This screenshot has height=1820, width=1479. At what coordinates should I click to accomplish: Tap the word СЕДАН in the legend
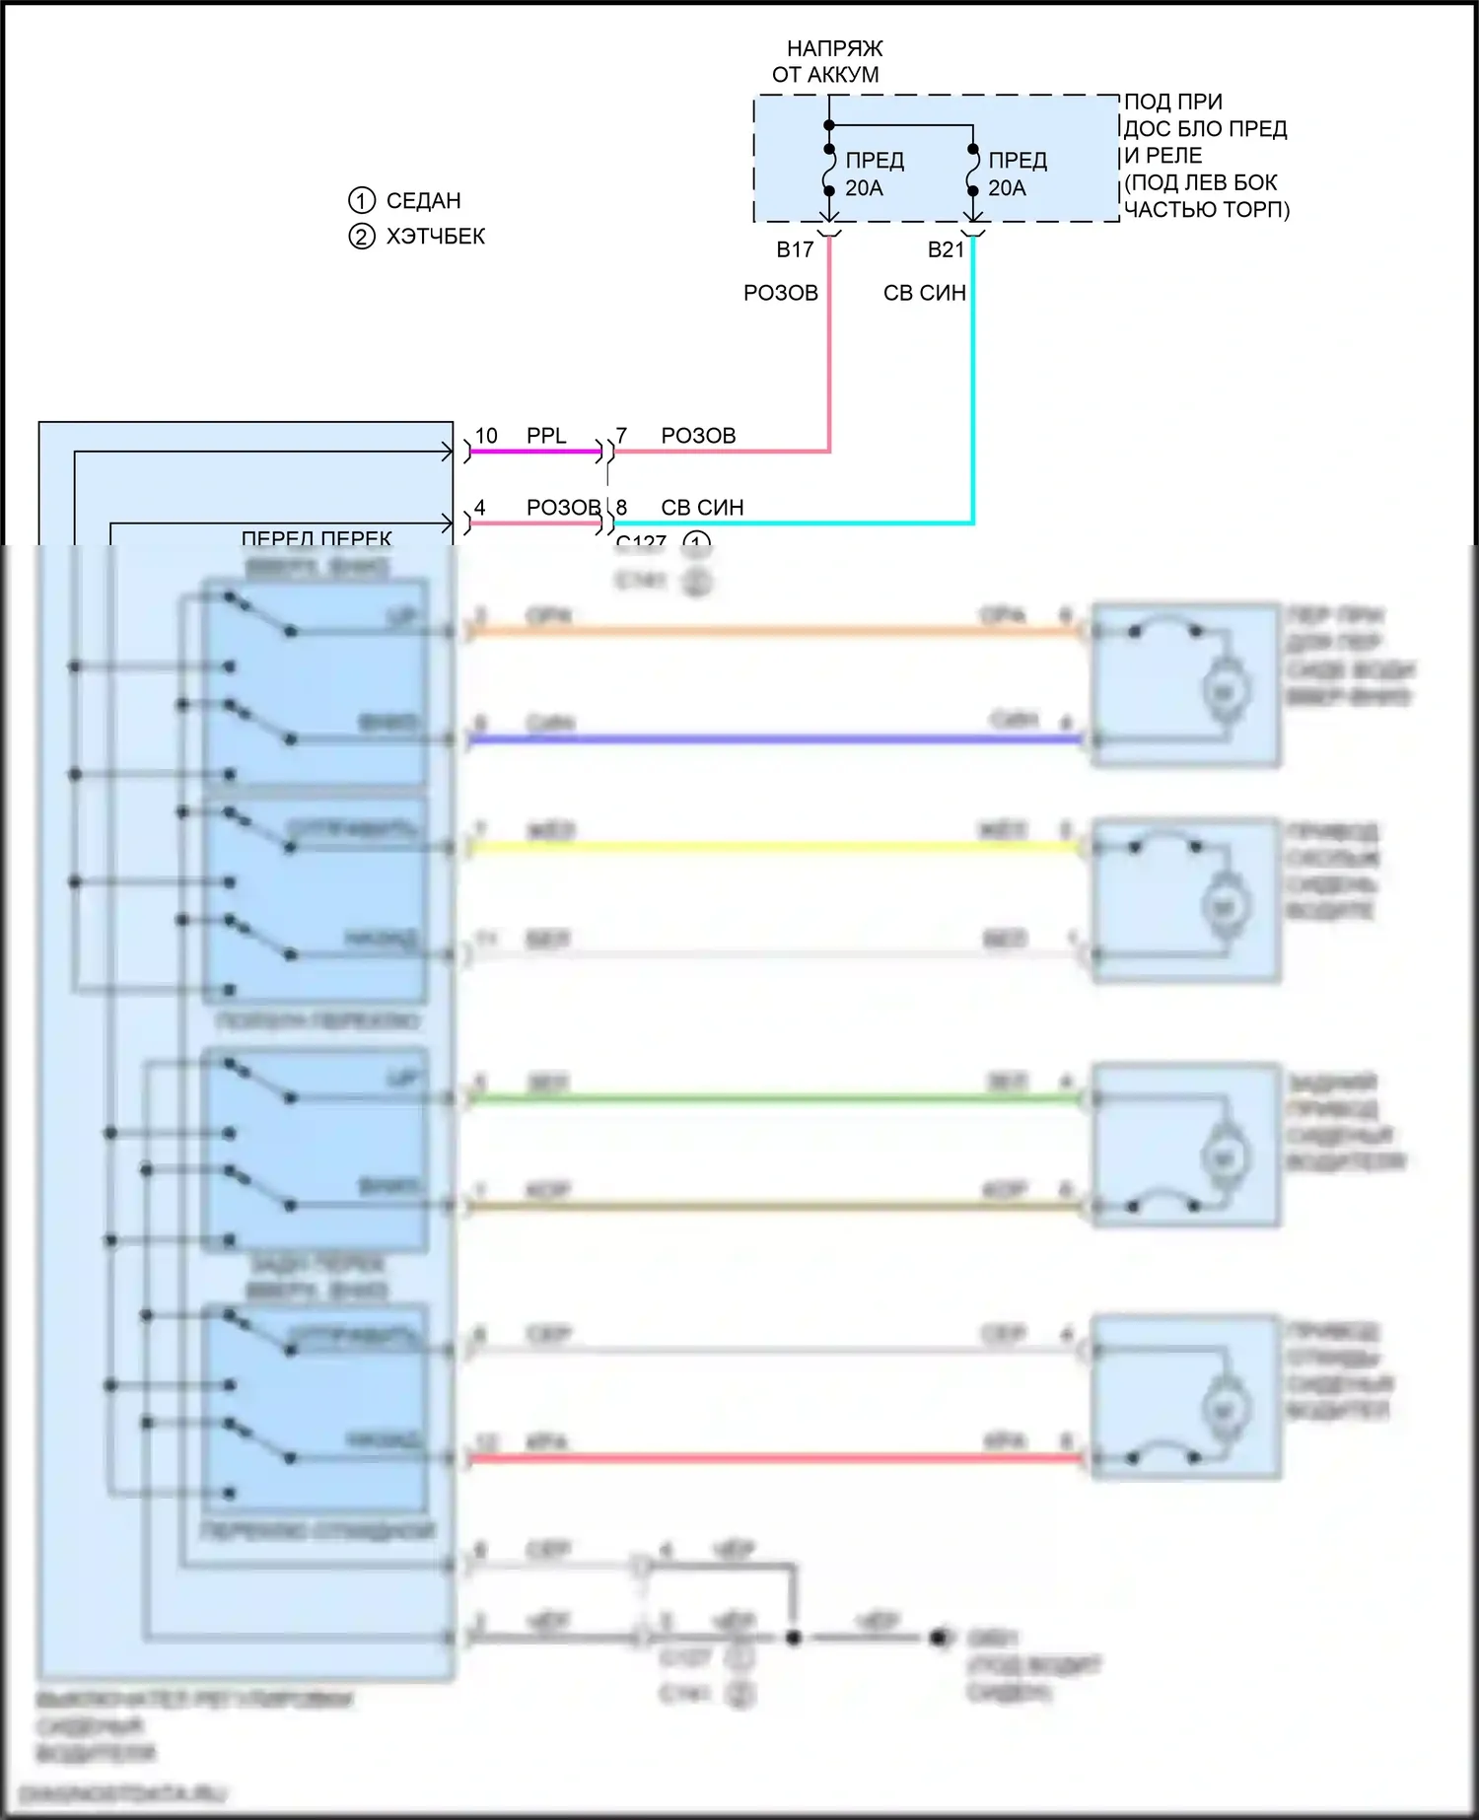423,201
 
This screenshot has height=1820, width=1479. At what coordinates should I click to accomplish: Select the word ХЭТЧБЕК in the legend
435,237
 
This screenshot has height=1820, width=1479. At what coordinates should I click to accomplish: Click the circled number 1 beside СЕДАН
362,201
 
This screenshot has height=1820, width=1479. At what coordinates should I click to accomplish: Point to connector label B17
795,250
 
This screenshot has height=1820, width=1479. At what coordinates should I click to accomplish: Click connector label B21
946,250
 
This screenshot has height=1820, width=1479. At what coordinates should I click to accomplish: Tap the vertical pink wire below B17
829,345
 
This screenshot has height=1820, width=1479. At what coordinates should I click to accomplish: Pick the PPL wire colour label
546,436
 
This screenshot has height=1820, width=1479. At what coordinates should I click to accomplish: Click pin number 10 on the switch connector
486,436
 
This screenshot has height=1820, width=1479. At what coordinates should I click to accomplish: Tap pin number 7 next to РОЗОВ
621,436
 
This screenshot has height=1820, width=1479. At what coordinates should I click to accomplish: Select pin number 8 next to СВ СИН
621,508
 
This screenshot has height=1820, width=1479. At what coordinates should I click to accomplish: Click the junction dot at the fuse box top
829,125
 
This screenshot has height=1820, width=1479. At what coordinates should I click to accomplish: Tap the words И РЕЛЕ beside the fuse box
1163,156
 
